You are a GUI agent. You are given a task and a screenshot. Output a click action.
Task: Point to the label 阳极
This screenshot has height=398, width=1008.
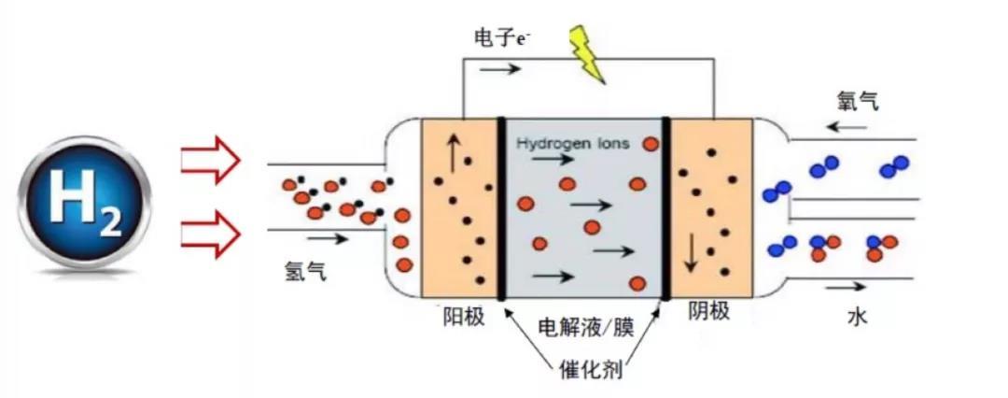pos(463,317)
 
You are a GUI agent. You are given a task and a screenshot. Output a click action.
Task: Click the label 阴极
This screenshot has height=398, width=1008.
pos(708,311)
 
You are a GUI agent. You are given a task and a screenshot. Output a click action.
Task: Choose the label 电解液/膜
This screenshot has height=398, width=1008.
pos(586,328)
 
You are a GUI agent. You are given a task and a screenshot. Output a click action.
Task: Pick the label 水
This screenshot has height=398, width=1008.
pos(858,317)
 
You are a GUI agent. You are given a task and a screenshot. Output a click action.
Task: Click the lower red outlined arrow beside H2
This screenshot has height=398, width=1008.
pos(210,234)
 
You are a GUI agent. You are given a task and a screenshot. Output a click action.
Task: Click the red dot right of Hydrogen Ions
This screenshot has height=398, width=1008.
pos(647,144)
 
